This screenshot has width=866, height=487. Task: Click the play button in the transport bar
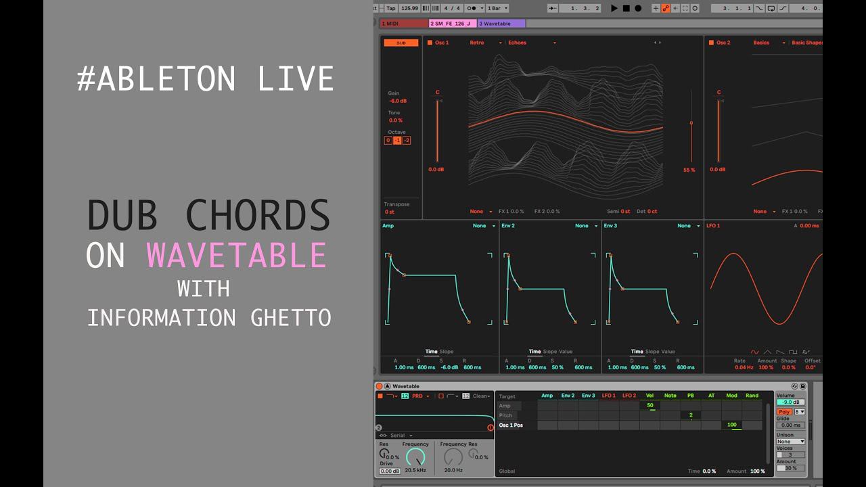[x=614, y=8]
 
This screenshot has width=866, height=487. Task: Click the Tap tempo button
[x=391, y=8]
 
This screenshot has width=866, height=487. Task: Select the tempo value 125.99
[x=409, y=8]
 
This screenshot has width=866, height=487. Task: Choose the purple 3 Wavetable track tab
[x=501, y=24]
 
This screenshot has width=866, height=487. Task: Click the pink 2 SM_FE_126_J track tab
[x=453, y=24]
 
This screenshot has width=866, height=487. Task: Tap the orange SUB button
[x=401, y=43]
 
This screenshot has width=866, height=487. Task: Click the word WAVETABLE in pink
[x=237, y=256]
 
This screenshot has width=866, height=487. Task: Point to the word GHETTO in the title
[x=290, y=317]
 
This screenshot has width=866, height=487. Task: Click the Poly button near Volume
[x=784, y=411]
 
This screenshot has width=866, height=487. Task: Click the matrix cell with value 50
[x=649, y=406]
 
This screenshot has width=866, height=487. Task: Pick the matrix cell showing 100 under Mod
[x=731, y=425]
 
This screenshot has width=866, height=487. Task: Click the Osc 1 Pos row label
[x=511, y=425]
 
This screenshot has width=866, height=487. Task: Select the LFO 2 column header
[x=629, y=396]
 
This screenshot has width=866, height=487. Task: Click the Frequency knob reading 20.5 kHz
[x=415, y=457]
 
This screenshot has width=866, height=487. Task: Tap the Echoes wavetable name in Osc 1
[x=518, y=43]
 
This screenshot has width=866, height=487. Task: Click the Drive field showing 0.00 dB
[x=390, y=471]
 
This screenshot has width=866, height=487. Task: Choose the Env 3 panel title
[x=610, y=225]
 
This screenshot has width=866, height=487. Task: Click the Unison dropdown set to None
[x=790, y=442]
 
